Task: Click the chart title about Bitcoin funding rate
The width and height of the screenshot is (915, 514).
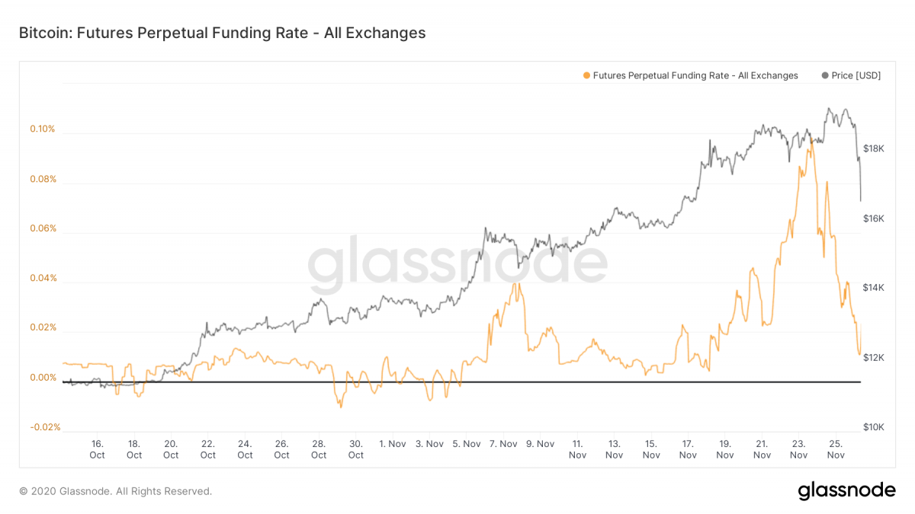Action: [x=222, y=34]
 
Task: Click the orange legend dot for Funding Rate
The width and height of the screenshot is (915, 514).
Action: [x=586, y=75]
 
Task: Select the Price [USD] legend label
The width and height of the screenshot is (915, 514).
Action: [x=856, y=75]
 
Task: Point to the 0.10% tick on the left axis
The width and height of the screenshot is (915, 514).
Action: [x=43, y=129]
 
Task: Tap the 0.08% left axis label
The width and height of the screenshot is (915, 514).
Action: [x=43, y=180]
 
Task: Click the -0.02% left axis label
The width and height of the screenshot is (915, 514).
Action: [x=45, y=427]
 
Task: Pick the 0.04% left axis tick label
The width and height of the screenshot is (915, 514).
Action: [x=43, y=278]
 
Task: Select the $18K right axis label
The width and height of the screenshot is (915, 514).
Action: [x=873, y=148]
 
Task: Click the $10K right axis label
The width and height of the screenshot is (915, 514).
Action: [x=873, y=427]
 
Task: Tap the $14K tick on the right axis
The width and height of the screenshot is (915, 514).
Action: [x=873, y=288]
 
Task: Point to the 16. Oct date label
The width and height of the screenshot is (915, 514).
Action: [x=97, y=449]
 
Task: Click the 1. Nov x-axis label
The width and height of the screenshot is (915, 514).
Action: [x=393, y=443]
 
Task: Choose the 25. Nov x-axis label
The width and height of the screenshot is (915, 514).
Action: [x=836, y=449]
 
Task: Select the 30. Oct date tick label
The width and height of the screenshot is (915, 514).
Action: [x=356, y=449]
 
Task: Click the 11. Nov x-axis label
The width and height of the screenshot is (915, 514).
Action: [x=577, y=449]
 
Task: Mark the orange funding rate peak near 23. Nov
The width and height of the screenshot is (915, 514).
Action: [x=811, y=139]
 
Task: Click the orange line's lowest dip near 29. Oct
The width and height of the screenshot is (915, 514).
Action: [x=340, y=407]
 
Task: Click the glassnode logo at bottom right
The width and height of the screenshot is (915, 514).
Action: [x=846, y=490]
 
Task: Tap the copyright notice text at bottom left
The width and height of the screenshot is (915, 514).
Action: [x=116, y=491]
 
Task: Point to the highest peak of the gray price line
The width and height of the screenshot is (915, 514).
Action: [x=829, y=108]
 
